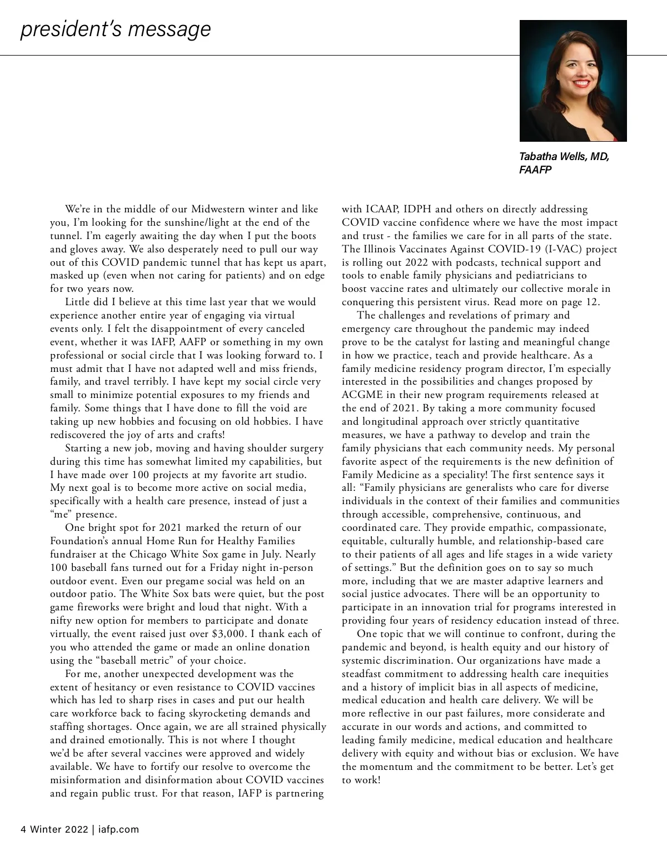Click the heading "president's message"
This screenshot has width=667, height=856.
[116, 29]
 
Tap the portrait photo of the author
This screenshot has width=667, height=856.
[573, 81]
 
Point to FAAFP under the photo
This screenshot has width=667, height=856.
[535, 170]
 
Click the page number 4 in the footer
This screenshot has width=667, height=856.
[23, 829]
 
